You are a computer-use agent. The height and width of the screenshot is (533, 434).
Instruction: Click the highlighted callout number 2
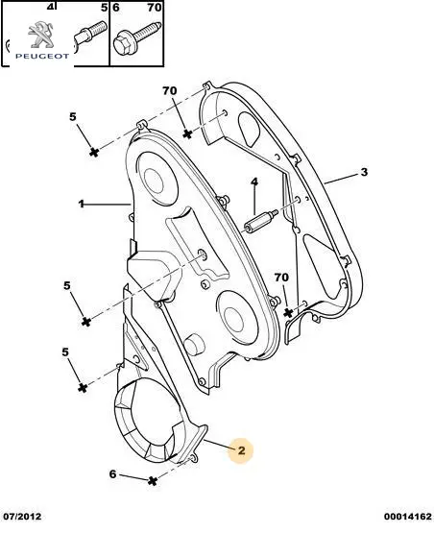pos(241,450)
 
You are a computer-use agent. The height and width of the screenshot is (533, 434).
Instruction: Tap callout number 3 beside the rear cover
pos(364,172)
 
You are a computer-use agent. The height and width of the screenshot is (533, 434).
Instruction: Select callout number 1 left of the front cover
pos(82,204)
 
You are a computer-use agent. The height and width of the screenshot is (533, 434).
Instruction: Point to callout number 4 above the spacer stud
pos(254,182)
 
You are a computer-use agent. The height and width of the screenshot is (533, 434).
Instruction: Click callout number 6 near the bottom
pos(113,473)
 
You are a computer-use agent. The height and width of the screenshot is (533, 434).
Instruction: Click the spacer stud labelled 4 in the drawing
pos(261,222)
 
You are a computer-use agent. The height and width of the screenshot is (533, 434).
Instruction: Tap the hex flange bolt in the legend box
pos(136,38)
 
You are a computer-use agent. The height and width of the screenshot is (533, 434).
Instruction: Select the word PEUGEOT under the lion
pos(42,57)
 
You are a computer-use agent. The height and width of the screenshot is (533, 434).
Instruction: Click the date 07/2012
pos(21,517)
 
